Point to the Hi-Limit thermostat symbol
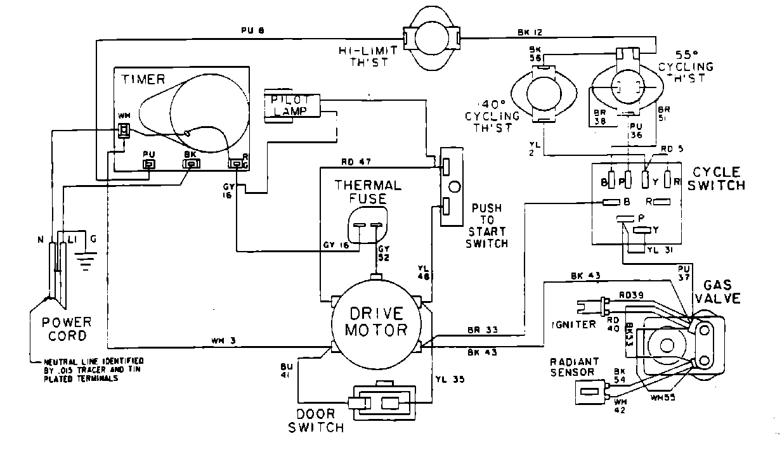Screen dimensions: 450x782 [x=431, y=39]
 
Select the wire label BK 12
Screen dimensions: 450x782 [x=530, y=32]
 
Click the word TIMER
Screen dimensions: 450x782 [x=143, y=79]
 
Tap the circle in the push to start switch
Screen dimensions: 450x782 [x=453, y=188]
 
